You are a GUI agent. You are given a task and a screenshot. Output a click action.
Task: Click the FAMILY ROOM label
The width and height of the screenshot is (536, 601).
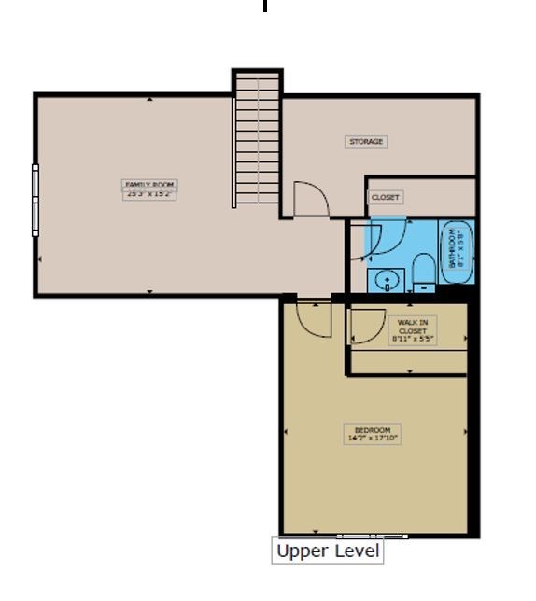tap(149, 185)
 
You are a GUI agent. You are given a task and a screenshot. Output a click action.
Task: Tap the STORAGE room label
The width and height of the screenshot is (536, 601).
tap(366, 142)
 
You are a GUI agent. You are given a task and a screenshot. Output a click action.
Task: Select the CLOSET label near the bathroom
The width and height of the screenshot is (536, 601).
tap(386, 198)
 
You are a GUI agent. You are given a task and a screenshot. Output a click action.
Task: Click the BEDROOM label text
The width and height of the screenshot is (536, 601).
tap(372, 430)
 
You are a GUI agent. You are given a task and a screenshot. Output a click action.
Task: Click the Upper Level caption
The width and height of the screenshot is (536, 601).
tap(328, 552)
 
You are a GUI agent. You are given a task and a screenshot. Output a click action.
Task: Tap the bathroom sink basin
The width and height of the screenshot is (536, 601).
tap(386, 279)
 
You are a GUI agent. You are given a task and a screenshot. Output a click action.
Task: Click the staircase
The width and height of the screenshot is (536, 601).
tap(257, 140)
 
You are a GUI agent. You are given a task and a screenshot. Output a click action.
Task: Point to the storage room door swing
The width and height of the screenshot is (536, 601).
tap(309, 199)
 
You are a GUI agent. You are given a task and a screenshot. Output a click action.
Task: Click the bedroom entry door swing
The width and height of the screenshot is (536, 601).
tap(313, 320)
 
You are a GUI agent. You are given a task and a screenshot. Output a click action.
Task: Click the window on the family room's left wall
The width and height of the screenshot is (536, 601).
tap(36, 198)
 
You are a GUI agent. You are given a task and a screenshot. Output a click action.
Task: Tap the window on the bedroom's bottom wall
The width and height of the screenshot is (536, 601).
tap(372, 537)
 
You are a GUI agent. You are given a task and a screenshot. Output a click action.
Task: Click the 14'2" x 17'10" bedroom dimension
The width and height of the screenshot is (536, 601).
tap(372, 438)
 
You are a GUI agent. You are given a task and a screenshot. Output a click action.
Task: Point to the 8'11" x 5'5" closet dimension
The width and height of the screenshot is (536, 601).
tap(412, 339)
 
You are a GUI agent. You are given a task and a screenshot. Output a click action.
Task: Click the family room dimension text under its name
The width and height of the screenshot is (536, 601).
tap(149, 194)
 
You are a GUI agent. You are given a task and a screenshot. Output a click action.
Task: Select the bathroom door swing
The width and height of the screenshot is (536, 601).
tap(383, 238)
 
